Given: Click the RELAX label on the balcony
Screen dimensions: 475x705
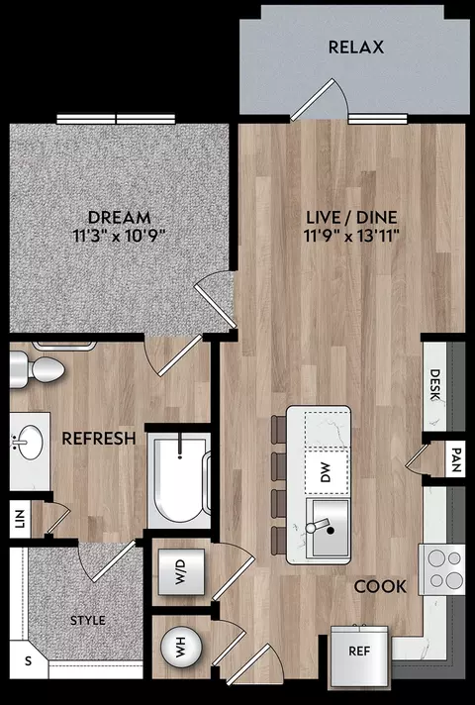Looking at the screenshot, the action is click(356, 48).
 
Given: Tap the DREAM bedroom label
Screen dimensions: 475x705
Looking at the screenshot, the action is click(119, 218).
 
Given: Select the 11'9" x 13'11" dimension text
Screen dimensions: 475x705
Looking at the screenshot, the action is click(352, 235).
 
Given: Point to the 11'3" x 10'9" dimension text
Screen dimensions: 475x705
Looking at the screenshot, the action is click(119, 235).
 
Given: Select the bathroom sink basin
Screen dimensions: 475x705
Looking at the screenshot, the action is click(30, 443).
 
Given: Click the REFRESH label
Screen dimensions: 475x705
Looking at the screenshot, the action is click(99, 439).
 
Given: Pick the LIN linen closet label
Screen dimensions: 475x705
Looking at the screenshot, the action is click(20, 519).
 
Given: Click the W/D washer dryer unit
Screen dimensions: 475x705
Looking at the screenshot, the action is click(180, 572).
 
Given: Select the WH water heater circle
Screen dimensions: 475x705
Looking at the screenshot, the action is click(181, 648).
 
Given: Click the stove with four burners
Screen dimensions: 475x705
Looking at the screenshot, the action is click(442, 569).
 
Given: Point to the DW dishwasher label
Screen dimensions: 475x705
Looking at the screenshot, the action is click(327, 472).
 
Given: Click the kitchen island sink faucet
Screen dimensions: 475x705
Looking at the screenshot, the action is click(319, 526).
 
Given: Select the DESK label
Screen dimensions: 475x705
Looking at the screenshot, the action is click(434, 385).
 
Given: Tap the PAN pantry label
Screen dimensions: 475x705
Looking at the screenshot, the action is click(455, 460).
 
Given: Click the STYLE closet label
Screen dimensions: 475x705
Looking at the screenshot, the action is click(88, 621).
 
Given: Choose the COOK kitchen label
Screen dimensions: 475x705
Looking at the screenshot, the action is click(380, 586).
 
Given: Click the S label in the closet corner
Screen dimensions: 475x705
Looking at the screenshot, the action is click(29, 661).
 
